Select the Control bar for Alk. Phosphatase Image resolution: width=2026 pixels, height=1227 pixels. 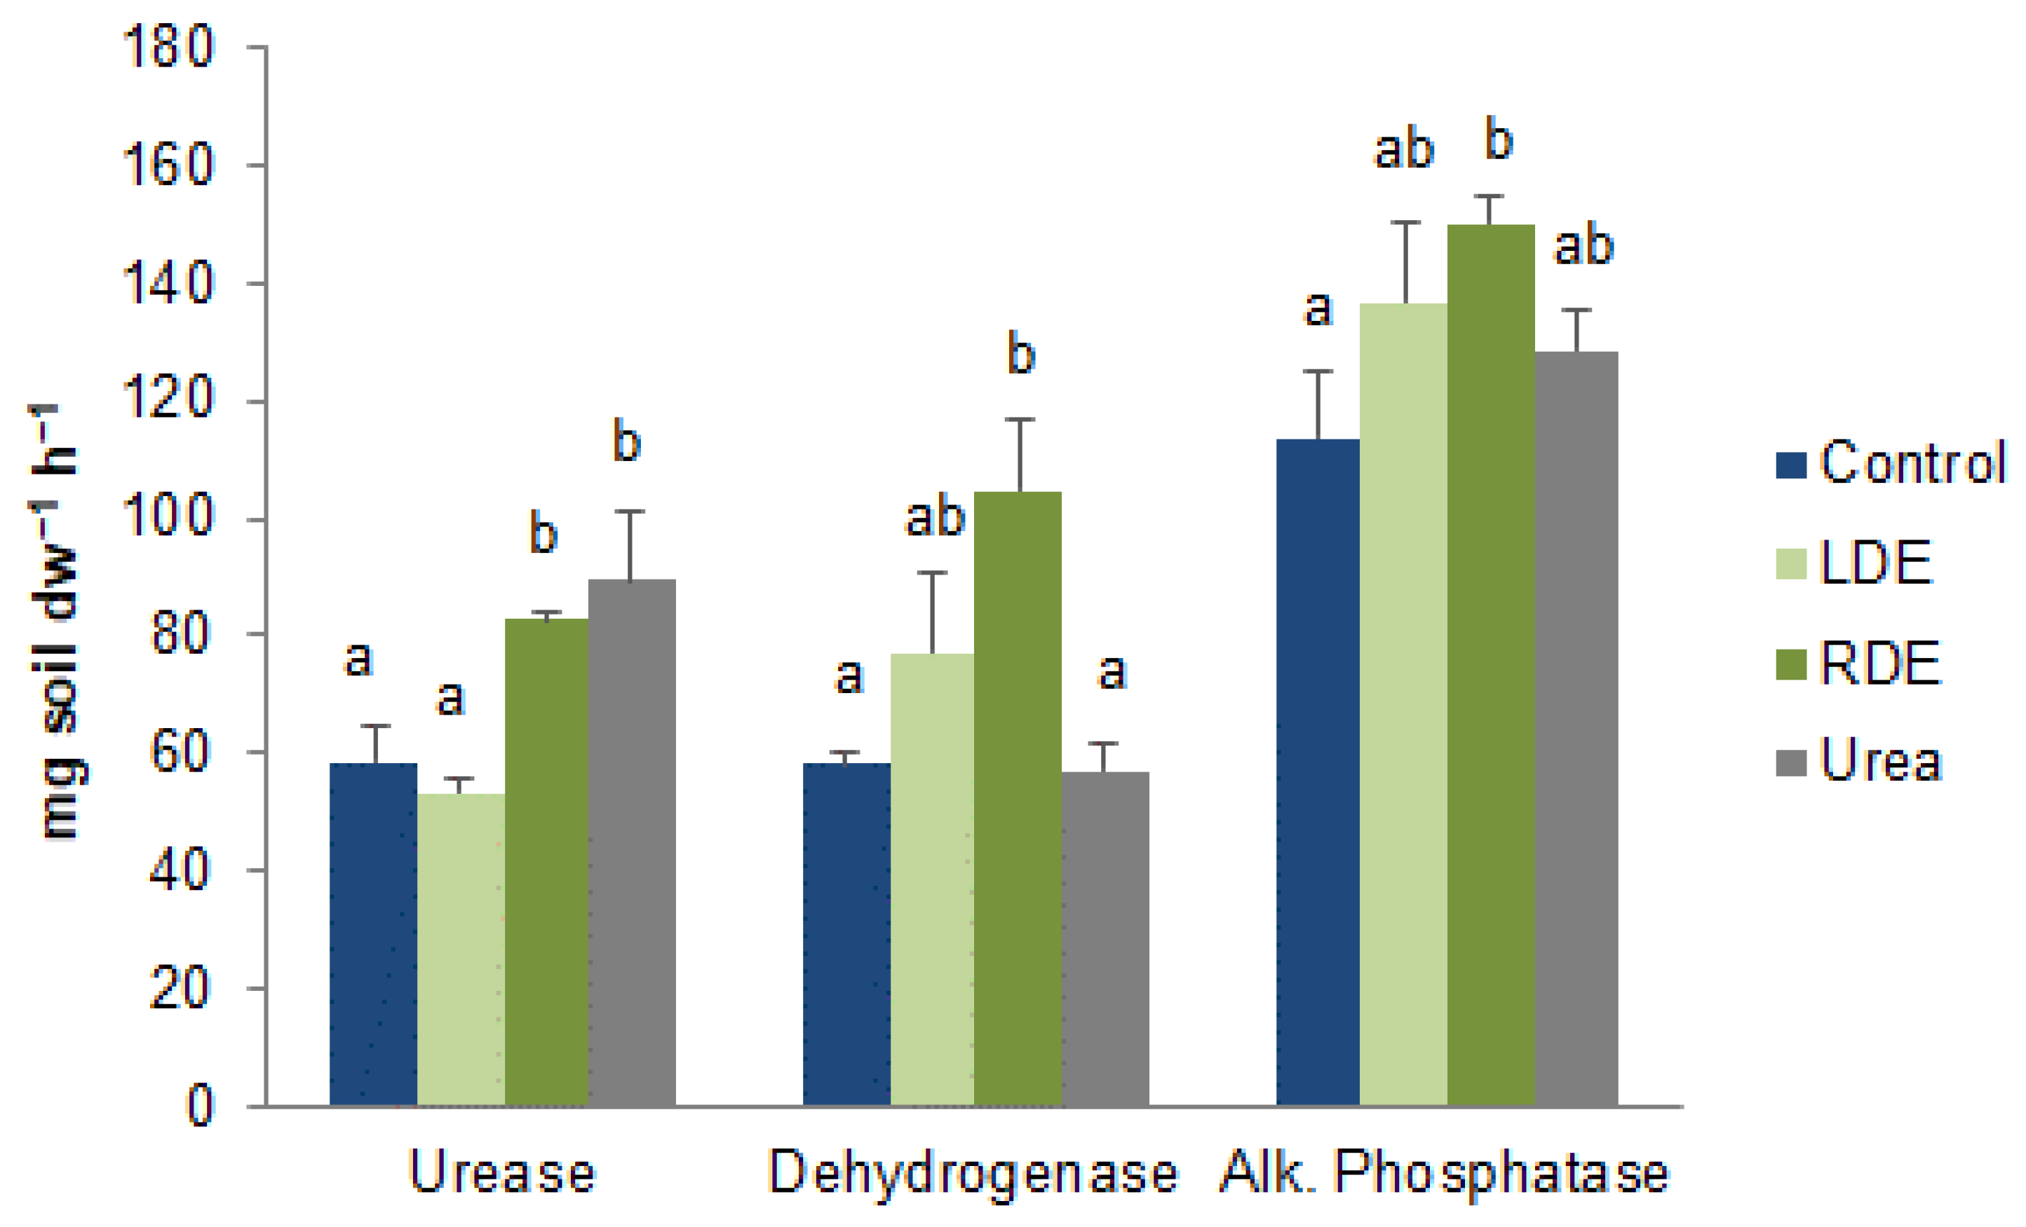coord(1317,772)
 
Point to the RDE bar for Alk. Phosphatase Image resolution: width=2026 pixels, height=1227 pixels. coord(1490,666)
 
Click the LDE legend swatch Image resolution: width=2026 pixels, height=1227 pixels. coord(1791,564)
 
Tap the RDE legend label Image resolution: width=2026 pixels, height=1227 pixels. coord(1880,663)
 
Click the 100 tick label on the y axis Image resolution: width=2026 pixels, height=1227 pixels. coord(168,518)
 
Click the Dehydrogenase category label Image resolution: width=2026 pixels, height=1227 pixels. coord(973,1174)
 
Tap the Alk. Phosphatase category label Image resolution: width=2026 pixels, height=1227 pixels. coord(1443,1174)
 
